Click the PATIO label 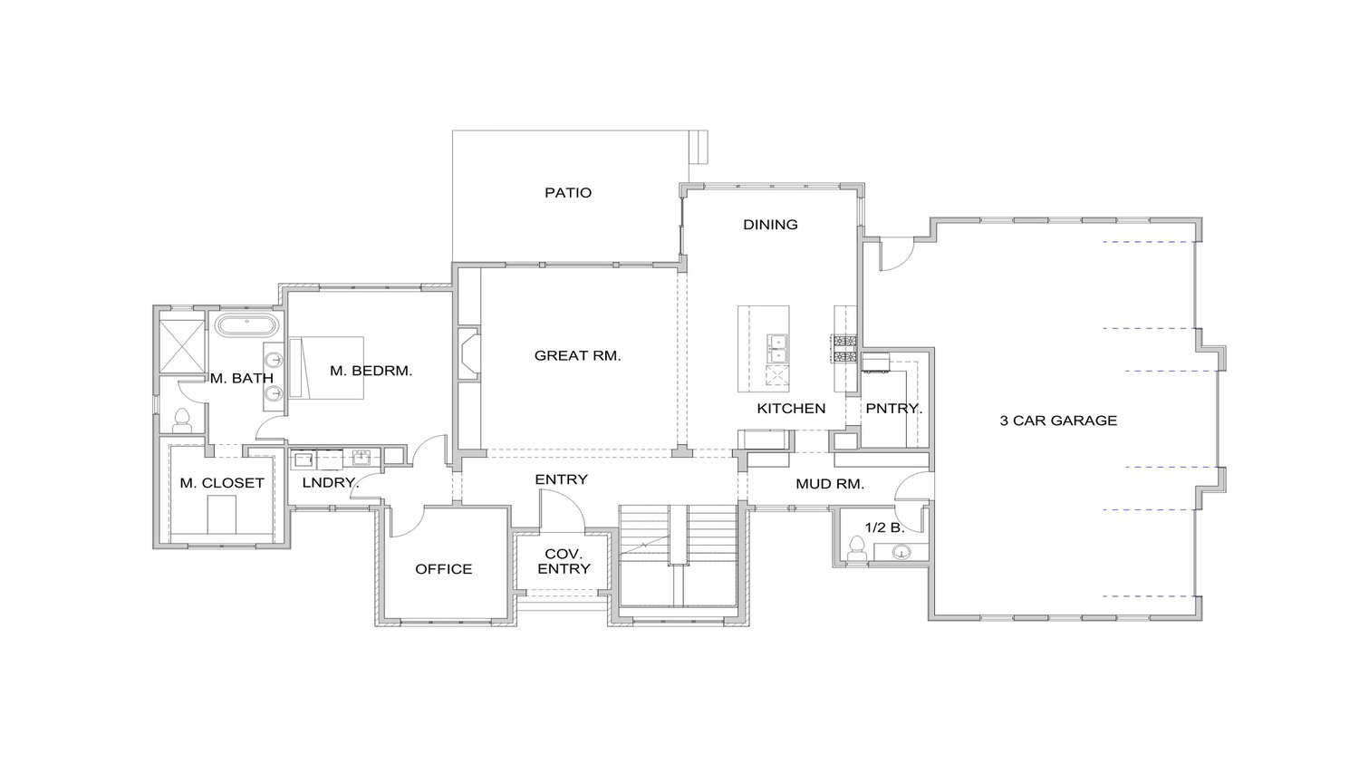tap(568, 192)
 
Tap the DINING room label tap(770, 224)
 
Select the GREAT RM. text tap(577, 355)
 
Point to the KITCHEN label tap(791, 408)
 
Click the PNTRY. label tap(892, 408)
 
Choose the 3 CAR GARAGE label tap(1057, 420)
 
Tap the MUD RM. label tap(829, 484)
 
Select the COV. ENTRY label tap(564, 561)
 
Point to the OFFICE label tap(443, 568)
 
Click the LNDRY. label tap(330, 483)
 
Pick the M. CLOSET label tap(221, 483)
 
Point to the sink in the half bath tap(900, 551)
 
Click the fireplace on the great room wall tap(468, 354)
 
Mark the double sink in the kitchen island tap(777, 349)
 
